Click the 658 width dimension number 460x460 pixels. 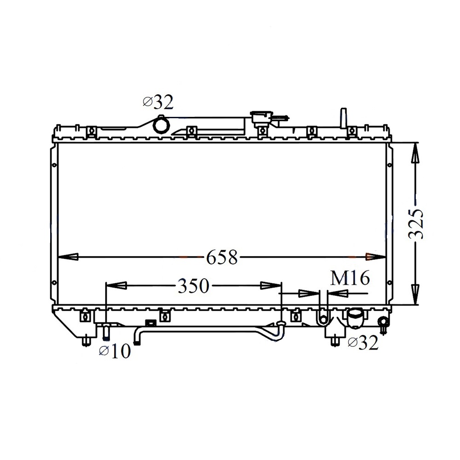coord(222,258)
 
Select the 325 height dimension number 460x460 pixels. coord(416,224)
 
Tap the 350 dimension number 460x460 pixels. coord(194,286)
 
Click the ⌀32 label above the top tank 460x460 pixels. coord(158,102)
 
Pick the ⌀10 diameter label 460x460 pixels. coord(115,351)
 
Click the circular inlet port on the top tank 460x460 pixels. coord(161,125)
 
